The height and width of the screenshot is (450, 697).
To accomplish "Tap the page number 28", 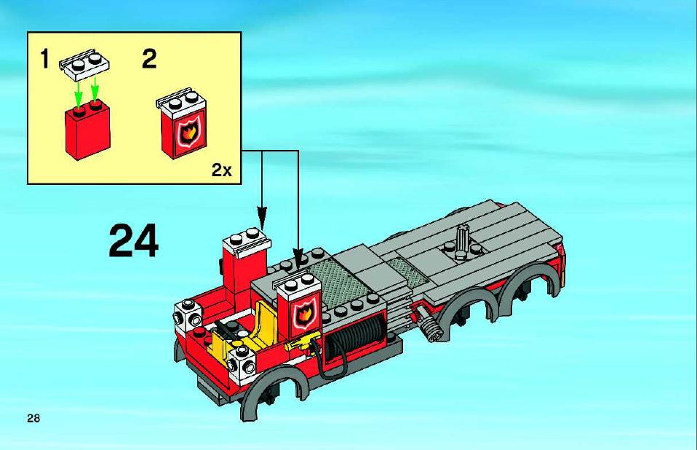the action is [33, 418].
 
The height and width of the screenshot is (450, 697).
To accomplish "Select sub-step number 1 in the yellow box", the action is [44, 59].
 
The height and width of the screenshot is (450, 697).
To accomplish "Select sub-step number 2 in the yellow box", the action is [149, 59].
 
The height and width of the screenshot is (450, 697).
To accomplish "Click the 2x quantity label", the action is [221, 170].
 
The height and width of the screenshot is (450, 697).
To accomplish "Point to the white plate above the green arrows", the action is [84, 65].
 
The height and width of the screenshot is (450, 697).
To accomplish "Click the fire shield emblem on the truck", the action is [305, 313].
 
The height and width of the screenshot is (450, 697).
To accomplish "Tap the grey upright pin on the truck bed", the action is [462, 240].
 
